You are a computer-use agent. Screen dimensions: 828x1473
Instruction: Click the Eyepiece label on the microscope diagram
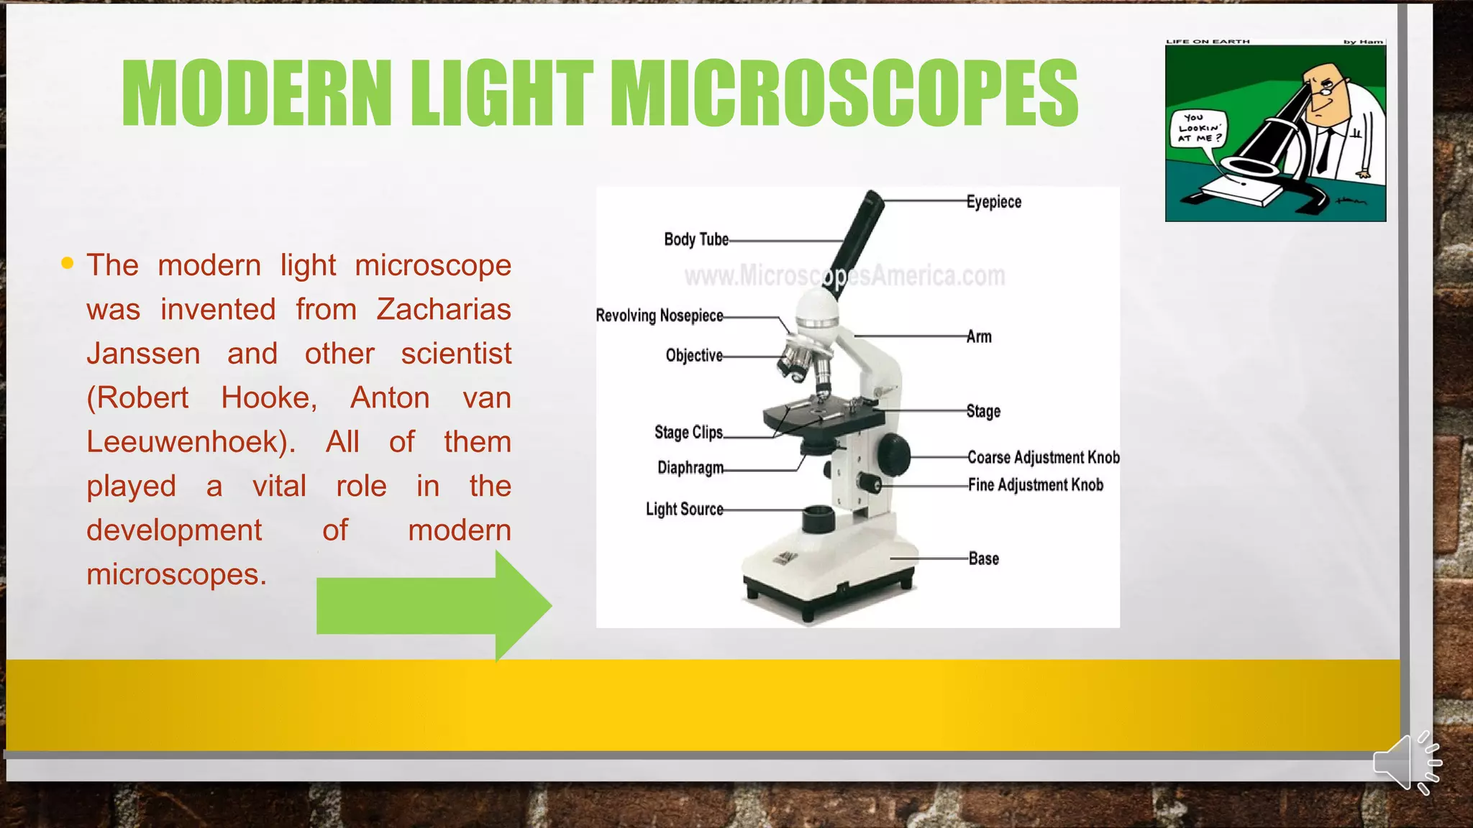(993, 202)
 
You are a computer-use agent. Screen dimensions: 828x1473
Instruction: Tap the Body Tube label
(696, 239)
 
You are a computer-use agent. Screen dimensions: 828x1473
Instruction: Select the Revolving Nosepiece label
(659, 316)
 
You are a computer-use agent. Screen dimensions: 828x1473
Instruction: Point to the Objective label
(693, 355)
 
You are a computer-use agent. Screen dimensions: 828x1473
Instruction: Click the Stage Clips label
(688, 432)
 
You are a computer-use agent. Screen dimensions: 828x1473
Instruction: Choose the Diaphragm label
(690, 468)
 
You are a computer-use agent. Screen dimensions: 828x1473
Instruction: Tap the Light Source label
(684, 509)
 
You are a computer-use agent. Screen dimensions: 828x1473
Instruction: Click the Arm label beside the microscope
(978, 336)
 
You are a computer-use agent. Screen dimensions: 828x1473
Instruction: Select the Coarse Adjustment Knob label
(1043, 457)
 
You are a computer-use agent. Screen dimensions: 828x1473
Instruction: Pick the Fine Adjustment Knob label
(1035, 484)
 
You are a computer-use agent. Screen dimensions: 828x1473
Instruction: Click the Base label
(983, 558)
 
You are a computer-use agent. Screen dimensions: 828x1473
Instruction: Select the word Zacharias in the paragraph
(443, 310)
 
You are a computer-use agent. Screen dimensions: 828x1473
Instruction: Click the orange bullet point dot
(68, 263)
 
